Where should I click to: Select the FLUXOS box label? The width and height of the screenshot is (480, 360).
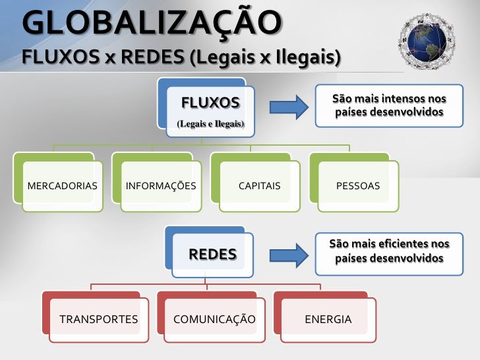[x=210, y=103]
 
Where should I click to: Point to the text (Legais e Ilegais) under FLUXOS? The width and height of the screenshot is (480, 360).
[x=210, y=124]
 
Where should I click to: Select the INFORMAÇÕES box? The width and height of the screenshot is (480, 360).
[x=161, y=186]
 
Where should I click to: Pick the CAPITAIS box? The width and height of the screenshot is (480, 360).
[x=259, y=186]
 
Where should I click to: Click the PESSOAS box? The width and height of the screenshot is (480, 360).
[x=358, y=186]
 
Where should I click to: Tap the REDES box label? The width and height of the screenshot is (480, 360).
[x=213, y=255]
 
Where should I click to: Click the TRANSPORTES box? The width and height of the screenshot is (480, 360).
[x=99, y=320]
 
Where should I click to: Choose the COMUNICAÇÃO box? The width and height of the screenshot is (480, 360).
[x=214, y=320]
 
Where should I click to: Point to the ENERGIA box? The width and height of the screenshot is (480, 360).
[x=328, y=320]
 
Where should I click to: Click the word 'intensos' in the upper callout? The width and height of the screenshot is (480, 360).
[x=392, y=99]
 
